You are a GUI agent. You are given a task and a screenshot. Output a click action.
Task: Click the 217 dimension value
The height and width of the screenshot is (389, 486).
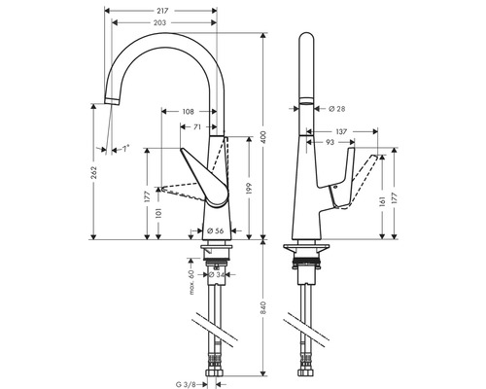coord(162,11)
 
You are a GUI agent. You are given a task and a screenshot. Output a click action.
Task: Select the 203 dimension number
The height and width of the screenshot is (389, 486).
coord(159,22)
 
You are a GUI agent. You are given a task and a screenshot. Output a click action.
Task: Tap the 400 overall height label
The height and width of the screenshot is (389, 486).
coord(263,137)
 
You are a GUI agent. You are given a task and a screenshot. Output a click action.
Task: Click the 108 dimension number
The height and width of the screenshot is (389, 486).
coord(188,112)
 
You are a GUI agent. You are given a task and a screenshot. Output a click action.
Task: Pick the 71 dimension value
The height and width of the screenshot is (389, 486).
coord(197,127)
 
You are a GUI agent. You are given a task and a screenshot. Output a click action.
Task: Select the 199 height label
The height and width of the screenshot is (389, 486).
coord(249,189)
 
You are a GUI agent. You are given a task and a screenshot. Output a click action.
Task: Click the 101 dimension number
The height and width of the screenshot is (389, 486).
coord(158,213)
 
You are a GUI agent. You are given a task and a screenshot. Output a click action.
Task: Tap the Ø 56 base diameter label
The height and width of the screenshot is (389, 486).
coord(215,230)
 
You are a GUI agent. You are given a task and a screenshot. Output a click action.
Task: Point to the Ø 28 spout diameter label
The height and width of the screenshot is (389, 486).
coord(337,109)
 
